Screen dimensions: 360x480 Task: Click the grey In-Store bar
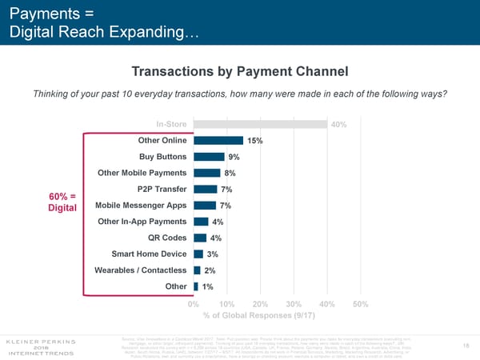pyautogui.click(x=260, y=124)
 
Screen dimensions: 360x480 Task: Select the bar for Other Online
pyautogui.click(x=218, y=140)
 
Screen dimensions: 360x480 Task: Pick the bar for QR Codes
pyautogui.click(x=200, y=238)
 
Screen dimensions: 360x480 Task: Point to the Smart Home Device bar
pyautogui.click(x=198, y=254)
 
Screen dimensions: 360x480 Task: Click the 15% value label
pyautogui.click(x=255, y=141)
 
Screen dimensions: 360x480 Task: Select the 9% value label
pyautogui.click(x=234, y=157)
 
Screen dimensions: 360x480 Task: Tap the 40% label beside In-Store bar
pyautogui.click(x=338, y=124)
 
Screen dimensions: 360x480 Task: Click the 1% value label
pyautogui.click(x=207, y=286)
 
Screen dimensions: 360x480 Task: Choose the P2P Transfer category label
pyautogui.click(x=162, y=189)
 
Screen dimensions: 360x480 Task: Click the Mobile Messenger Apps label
pyautogui.click(x=141, y=205)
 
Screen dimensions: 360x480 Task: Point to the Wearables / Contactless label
pyautogui.click(x=140, y=270)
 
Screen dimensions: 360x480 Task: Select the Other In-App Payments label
pyautogui.click(x=142, y=221)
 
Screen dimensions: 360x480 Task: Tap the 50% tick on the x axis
pyautogui.click(x=359, y=304)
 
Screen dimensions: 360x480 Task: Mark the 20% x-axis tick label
pyautogui.click(x=260, y=304)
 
